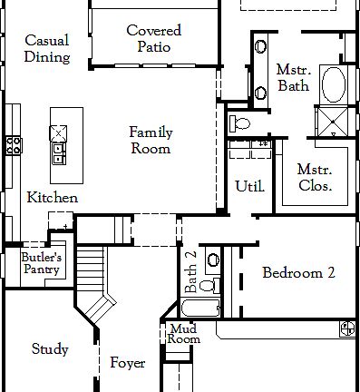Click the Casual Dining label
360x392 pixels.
pyautogui.click(x=47, y=49)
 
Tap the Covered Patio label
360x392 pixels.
pyautogui.click(x=153, y=38)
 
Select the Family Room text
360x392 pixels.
pyautogui.click(x=151, y=141)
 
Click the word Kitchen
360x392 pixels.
pyautogui.click(x=52, y=198)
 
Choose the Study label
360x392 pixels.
pyautogui.click(x=49, y=348)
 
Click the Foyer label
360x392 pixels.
pyautogui.click(x=127, y=363)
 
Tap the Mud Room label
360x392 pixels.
pyautogui.click(x=184, y=334)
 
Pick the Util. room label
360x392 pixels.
pyautogui.click(x=249, y=186)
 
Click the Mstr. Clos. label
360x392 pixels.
pyautogui.click(x=315, y=178)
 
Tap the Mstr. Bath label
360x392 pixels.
pyautogui.click(x=293, y=78)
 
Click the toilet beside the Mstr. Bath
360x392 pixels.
pyautogui.click(x=242, y=122)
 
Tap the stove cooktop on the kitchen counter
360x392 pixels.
pyautogui.click(x=13, y=144)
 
